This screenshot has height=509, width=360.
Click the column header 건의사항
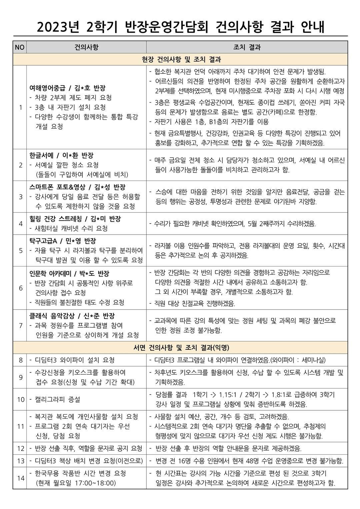click(86, 47)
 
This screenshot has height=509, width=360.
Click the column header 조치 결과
click(247, 47)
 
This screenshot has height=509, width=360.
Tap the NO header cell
click(20, 47)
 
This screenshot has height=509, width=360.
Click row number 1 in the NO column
click(21, 107)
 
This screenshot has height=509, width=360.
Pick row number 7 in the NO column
click(21, 325)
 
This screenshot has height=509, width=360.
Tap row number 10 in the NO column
click(21, 399)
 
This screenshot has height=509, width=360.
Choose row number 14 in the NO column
click(21, 478)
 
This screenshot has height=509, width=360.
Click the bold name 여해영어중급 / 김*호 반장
click(68, 88)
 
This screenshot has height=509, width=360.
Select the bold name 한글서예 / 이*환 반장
click(62, 155)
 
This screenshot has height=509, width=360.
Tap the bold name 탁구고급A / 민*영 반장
click(63, 241)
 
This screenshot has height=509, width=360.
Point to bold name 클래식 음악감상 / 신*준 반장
click(72, 316)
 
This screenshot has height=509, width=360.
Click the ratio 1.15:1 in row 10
click(227, 395)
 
